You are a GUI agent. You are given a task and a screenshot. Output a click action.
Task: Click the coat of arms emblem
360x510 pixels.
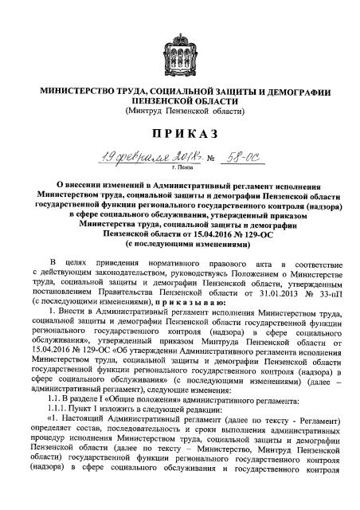pyautogui.click(x=181, y=47)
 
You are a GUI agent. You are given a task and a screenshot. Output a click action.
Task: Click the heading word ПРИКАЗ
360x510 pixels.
pyautogui.click(x=181, y=131)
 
